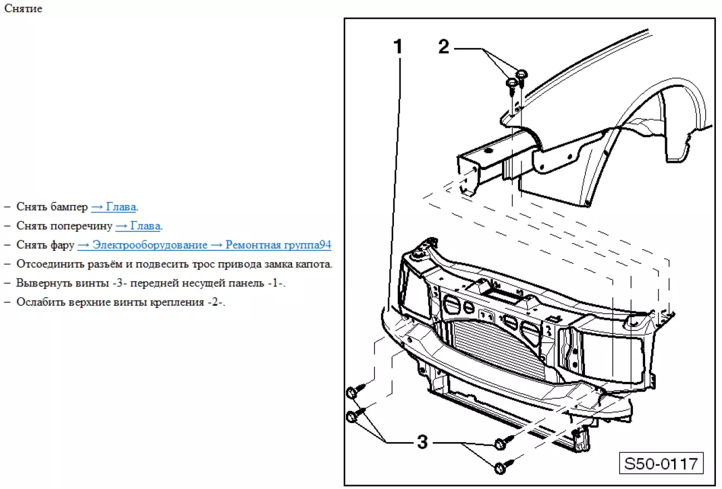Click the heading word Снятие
pyautogui.click(x=23, y=9)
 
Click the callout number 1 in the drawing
pyautogui.click(x=398, y=48)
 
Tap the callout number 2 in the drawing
pyautogui.click(x=443, y=47)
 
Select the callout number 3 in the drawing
pyautogui.click(x=422, y=443)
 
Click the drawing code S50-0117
pyautogui.click(x=661, y=463)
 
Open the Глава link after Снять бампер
pyautogui.click(x=114, y=207)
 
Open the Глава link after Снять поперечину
pyautogui.click(x=138, y=226)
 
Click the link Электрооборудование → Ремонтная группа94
pyautogui.click(x=204, y=245)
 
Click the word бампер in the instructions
pyautogui.click(x=69, y=207)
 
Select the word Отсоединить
pyautogui.click(x=44, y=264)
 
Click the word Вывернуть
pyautogui.click(x=40, y=283)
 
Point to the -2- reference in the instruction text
pyautogui.click(x=215, y=302)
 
